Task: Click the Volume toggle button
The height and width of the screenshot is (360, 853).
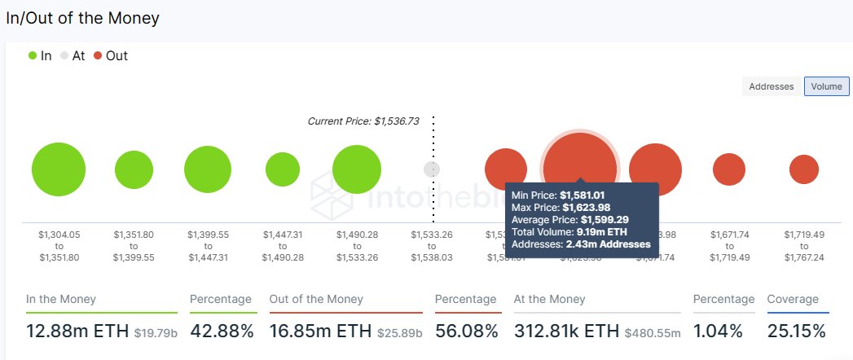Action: coord(826,86)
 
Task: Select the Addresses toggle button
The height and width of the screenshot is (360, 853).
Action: coord(771,86)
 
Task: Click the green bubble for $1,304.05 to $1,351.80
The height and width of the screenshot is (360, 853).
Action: coord(59,169)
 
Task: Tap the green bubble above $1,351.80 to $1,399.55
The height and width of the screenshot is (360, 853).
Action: coord(134,169)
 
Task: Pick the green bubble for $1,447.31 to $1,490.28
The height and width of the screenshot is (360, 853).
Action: coord(283,169)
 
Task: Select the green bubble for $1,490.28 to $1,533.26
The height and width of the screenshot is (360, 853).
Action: coord(356,169)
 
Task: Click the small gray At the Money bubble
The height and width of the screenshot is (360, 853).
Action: coord(432,169)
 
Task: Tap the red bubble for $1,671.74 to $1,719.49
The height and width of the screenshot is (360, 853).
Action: coord(728,169)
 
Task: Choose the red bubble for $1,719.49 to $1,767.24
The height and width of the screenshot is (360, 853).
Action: coord(803,169)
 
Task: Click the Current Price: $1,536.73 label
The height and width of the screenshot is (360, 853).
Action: coord(363,121)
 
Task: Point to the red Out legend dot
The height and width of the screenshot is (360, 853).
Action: coord(98,55)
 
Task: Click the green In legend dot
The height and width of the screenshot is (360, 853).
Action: coord(33,55)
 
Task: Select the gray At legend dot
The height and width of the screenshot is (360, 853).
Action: coord(64,55)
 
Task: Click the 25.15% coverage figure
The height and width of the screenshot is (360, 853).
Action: coord(796,331)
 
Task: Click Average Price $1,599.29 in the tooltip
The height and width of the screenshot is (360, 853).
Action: coord(569,220)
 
